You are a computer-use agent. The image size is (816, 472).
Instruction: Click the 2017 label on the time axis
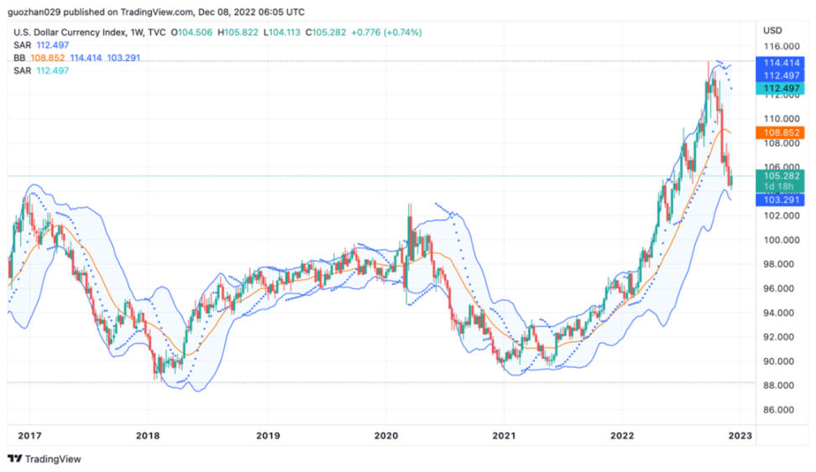29,435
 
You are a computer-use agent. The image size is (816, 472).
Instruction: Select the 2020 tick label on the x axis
385,435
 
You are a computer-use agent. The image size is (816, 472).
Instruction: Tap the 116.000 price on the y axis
779,46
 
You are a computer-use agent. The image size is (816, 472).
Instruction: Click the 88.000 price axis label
779,386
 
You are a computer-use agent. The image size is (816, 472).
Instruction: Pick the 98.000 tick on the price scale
779,264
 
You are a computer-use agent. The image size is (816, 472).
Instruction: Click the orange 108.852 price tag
780,132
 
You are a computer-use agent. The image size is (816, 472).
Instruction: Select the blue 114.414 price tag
780,63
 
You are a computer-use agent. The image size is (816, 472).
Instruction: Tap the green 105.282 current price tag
780,175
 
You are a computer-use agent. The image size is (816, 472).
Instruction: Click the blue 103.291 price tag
780,200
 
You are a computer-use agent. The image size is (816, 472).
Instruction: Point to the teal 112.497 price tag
780,88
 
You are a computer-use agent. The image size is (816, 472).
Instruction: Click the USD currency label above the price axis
772,30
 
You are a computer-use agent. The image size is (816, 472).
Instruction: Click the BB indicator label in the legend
18,58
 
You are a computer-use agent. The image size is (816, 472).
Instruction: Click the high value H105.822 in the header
238,33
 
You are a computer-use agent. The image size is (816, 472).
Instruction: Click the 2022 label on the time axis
623,435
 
